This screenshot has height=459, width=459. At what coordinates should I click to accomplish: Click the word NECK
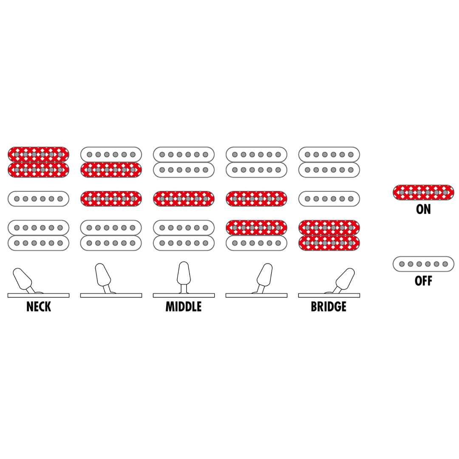click(x=39, y=306)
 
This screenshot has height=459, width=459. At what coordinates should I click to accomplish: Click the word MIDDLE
click(x=184, y=306)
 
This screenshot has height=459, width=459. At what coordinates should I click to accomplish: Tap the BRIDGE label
click(x=329, y=306)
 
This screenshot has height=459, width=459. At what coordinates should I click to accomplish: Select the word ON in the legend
click(x=423, y=209)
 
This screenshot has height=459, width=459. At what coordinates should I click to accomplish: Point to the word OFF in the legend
click(x=423, y=281)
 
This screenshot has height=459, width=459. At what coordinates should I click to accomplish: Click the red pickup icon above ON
click(x=423, y=193)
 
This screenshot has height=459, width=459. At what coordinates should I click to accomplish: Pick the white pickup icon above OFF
click(x=423, y=264)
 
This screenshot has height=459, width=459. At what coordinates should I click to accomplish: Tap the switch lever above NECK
click(x=23, y=280)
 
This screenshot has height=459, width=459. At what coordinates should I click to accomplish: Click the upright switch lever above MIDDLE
click(x=184, y=277)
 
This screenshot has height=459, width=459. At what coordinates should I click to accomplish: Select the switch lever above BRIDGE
click(x=344, y=280)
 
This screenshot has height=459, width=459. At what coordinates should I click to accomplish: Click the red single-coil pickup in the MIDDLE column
click(x=184, y=199)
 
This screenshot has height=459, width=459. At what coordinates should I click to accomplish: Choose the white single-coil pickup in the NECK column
click(x=38, y=199)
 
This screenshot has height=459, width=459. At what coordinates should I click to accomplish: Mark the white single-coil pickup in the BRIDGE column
click(x=329, y=199)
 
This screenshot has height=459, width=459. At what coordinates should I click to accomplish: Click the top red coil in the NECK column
click(x=38, y=155)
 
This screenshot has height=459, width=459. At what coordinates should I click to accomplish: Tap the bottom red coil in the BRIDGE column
click(x=329, y=243)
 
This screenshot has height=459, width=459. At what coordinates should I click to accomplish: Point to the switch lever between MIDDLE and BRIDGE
click(x=264, y=278)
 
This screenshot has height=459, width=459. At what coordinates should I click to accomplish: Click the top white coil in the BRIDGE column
click(x=329, y=155)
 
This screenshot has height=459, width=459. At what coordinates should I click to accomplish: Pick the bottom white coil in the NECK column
click(x=38, y=243)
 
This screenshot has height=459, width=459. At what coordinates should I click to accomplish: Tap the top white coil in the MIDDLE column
click(x=184, y=155)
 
